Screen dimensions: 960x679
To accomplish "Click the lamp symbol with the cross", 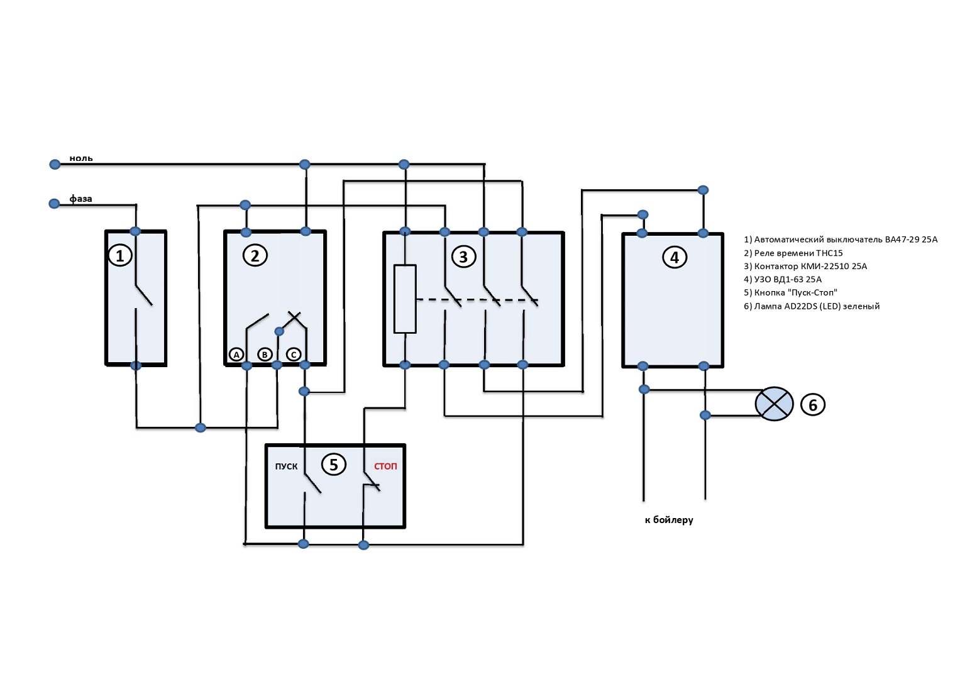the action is point(774,404).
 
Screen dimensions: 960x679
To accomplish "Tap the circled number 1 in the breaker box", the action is point(120,256).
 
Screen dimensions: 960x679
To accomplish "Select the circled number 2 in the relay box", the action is point(255,256).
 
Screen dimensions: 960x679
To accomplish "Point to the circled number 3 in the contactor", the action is point(463,257).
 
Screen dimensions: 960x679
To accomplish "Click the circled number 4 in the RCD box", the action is point(675,258).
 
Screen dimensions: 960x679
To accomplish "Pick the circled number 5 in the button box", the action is point(333,465).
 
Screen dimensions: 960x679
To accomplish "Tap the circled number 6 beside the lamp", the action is point(812,405).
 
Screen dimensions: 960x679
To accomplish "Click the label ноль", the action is point(81,158).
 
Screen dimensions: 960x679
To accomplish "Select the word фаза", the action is point(80,199).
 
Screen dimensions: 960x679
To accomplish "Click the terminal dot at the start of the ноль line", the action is point(55,164).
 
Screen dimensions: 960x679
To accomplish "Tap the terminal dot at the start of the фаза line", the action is point(54,203).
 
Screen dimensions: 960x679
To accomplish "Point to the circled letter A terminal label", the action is point(236,355).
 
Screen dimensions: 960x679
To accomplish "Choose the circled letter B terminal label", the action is point(265,355).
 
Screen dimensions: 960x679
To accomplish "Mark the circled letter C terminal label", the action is point(294,355).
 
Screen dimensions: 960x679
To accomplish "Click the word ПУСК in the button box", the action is point(286,466).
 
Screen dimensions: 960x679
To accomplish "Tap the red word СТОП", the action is point(385,466).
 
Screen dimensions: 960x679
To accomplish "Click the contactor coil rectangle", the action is point(405,299).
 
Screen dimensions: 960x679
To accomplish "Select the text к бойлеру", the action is point(669,520).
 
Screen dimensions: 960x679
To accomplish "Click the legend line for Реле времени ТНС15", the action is point(793,253).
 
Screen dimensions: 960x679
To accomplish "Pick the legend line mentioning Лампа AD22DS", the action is point(812,306).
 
